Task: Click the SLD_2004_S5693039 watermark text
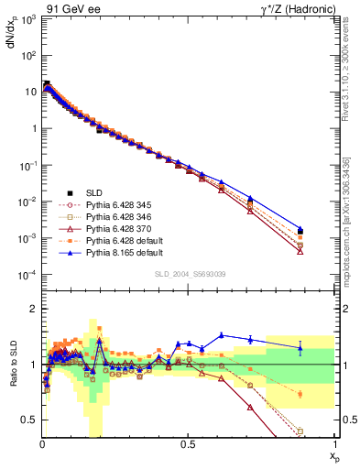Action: (x=188, y=276)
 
